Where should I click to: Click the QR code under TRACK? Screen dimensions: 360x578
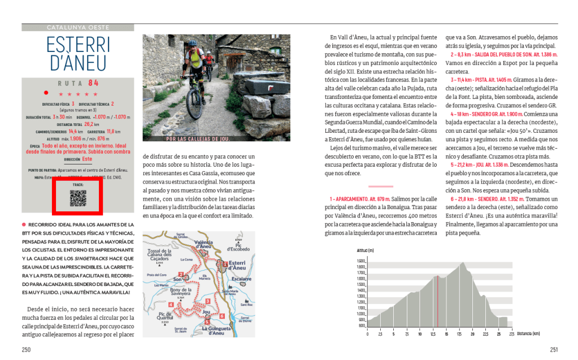coord(77,197)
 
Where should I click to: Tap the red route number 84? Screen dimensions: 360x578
coord(93,83)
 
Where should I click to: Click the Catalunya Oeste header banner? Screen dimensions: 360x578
coord(78,27)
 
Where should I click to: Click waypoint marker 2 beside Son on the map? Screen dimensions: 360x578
coord(185,278)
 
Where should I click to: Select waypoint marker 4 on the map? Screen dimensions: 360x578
coord(171,305)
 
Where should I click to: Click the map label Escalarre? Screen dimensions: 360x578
coord(241,279)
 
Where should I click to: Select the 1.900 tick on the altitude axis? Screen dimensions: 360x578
coord(361,261)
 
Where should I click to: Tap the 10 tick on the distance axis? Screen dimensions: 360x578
coord(420,334)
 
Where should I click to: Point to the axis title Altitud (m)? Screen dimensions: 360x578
coord(366,250)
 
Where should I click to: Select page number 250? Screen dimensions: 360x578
coord(26,349)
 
